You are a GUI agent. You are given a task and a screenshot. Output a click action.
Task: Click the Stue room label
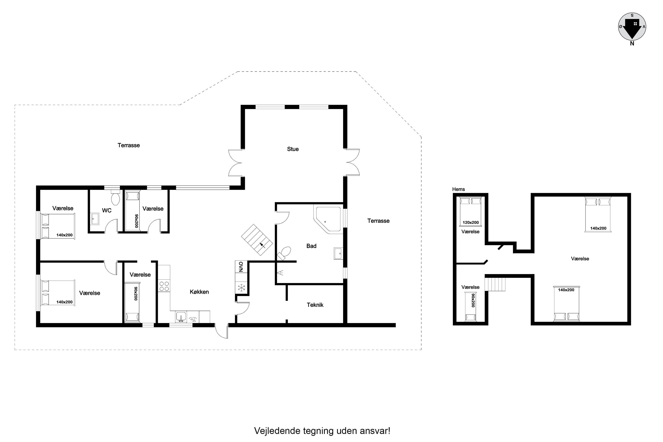(293, 149)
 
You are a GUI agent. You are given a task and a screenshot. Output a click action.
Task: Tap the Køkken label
(199, 292)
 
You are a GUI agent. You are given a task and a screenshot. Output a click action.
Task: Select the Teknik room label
(315, 305)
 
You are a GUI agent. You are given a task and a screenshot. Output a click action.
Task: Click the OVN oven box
(241, 267)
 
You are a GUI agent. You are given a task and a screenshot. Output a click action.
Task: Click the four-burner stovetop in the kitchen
(164, 286)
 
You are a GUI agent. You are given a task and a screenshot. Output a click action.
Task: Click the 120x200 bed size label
(471, 222)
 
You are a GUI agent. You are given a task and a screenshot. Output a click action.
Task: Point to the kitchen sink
(181, 317)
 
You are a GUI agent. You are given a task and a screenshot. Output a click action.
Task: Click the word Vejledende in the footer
(277, 431)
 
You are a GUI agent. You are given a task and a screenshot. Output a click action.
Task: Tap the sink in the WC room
(95, 219)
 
